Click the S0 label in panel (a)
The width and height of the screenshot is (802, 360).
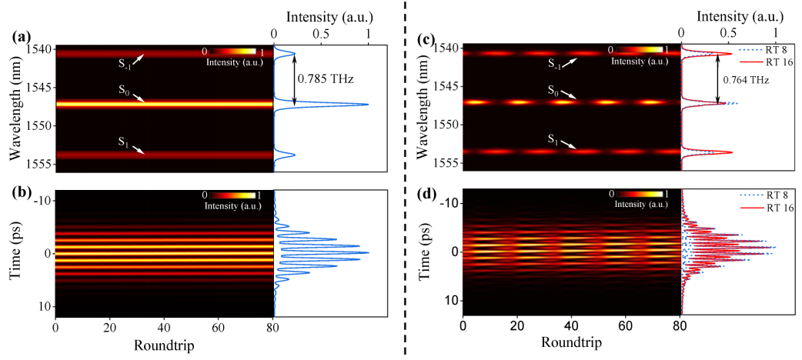(x=124, y=91)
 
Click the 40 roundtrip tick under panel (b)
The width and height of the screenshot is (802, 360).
(x=164, y=328)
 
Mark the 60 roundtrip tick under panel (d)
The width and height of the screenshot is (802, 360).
(x=625, y=328)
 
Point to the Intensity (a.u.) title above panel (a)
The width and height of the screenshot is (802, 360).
(x=322, y=15)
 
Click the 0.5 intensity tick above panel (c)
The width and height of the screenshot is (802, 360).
(x=728, y=34)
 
